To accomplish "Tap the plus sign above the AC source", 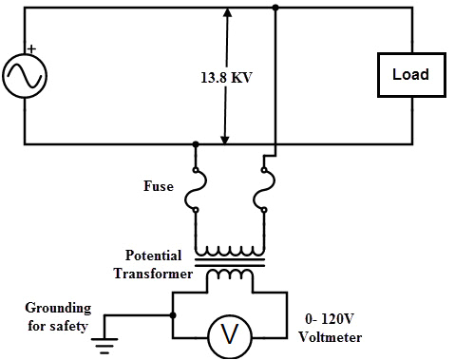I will point(30,48).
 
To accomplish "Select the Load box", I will point(410,75).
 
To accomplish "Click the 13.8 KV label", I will point(226,77).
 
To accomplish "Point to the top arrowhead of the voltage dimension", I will point(226,13).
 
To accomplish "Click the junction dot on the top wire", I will point(275,8).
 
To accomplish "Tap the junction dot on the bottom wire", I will point(196,144).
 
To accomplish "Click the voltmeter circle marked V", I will point(229,334).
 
